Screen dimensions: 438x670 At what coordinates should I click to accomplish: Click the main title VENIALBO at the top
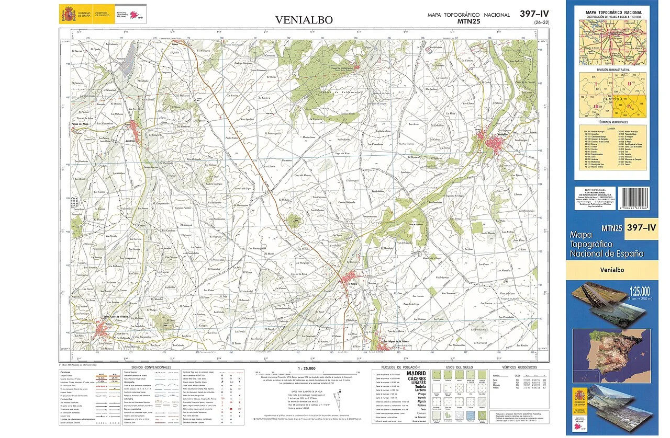coord(304,20)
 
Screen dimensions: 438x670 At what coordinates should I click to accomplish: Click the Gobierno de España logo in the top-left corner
coord(76,13)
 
